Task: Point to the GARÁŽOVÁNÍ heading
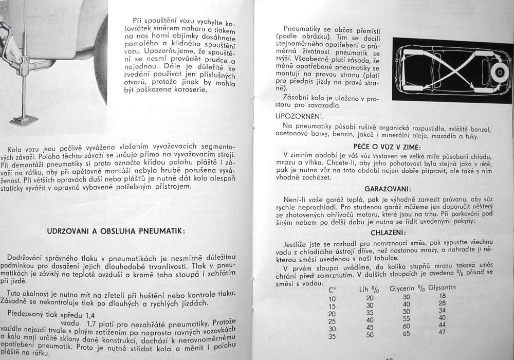point(387,189)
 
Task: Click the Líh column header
point(369,290)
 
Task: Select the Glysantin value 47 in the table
point(443,332)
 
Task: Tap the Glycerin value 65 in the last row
point(406,333)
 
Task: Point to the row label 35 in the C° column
point(332,336)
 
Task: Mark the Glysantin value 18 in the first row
point(443,296)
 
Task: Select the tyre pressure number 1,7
point(93,324)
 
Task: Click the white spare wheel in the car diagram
point(498,72)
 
